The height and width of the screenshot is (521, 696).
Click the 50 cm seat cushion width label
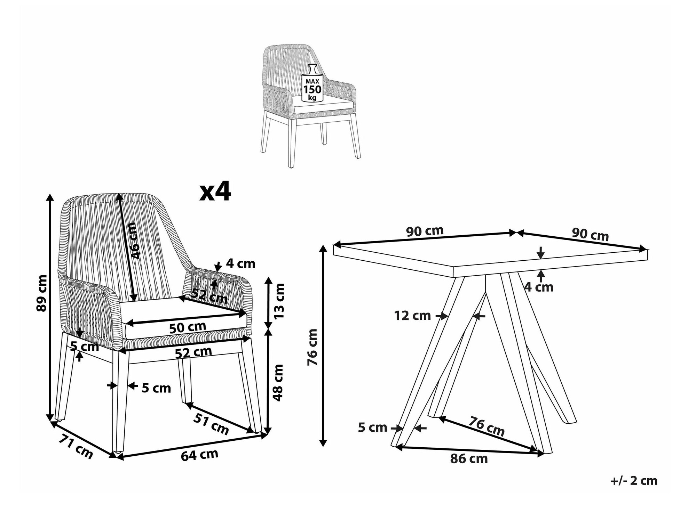pyautogui.click(x=188, y=327)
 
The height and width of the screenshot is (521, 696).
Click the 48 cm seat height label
pyautogui.click(x=278, y=382)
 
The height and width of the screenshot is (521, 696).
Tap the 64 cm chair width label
pyautogui.click(x=199, y=455)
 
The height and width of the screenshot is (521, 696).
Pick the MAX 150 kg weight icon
pyautogui.click(x=312, y=84)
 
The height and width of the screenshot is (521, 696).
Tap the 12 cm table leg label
pyautogui.click(x=412, y=316)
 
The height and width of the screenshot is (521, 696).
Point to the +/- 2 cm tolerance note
pyautogui.click(x=634, y=481)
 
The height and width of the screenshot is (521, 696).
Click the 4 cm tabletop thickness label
pyautogui.click(x=539, y=287)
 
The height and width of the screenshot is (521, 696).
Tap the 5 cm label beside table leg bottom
pyautogui.click(x=372, y=428)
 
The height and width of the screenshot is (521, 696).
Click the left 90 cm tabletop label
pyautogui.click(x=425, y=231)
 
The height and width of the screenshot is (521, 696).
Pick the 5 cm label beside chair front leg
pyautogui.click(x=156, y=388)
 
